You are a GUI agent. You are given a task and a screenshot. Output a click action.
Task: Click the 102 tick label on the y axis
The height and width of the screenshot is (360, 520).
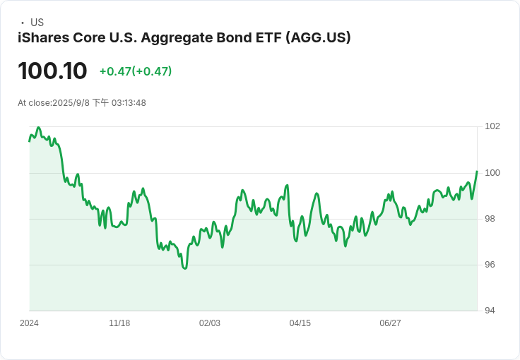(492, 126)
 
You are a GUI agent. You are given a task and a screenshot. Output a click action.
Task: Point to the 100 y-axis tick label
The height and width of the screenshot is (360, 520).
(492, 172)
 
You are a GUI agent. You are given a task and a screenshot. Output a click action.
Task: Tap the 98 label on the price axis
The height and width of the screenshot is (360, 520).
(490, 219)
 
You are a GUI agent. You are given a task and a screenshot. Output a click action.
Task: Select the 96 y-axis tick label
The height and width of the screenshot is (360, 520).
(490, 265)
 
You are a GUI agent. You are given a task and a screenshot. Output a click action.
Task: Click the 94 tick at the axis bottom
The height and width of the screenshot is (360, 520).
(490, 311)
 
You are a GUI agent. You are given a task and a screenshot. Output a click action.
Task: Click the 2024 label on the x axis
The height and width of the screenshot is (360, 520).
(29, 323)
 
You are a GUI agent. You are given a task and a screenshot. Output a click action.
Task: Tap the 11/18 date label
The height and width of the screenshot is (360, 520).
(119, 323)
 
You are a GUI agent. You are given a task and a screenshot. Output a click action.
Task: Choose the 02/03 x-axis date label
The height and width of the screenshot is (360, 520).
(210, 323)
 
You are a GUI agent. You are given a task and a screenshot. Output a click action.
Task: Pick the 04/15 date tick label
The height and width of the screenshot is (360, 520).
(300, 323)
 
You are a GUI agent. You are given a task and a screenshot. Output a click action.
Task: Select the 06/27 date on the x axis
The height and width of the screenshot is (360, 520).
(390, 323)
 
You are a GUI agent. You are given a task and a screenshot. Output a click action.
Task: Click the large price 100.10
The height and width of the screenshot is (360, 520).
(52, 71)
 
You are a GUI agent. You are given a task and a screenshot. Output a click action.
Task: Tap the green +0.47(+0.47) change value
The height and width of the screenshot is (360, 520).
(136, 71)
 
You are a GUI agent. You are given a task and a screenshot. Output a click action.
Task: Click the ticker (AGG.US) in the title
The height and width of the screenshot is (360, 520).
(318, 37)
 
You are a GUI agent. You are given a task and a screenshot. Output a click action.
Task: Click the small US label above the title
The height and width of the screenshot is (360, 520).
(37, 23)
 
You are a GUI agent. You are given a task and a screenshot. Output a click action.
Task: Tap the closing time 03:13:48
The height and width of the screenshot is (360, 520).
(129, 103)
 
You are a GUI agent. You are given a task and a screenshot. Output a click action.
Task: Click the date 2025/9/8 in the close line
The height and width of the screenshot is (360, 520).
(71, 103)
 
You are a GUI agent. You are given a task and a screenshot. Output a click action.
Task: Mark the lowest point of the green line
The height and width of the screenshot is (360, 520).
(185, 268)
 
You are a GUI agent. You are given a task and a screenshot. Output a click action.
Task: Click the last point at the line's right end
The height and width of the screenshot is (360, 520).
(477, 172)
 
